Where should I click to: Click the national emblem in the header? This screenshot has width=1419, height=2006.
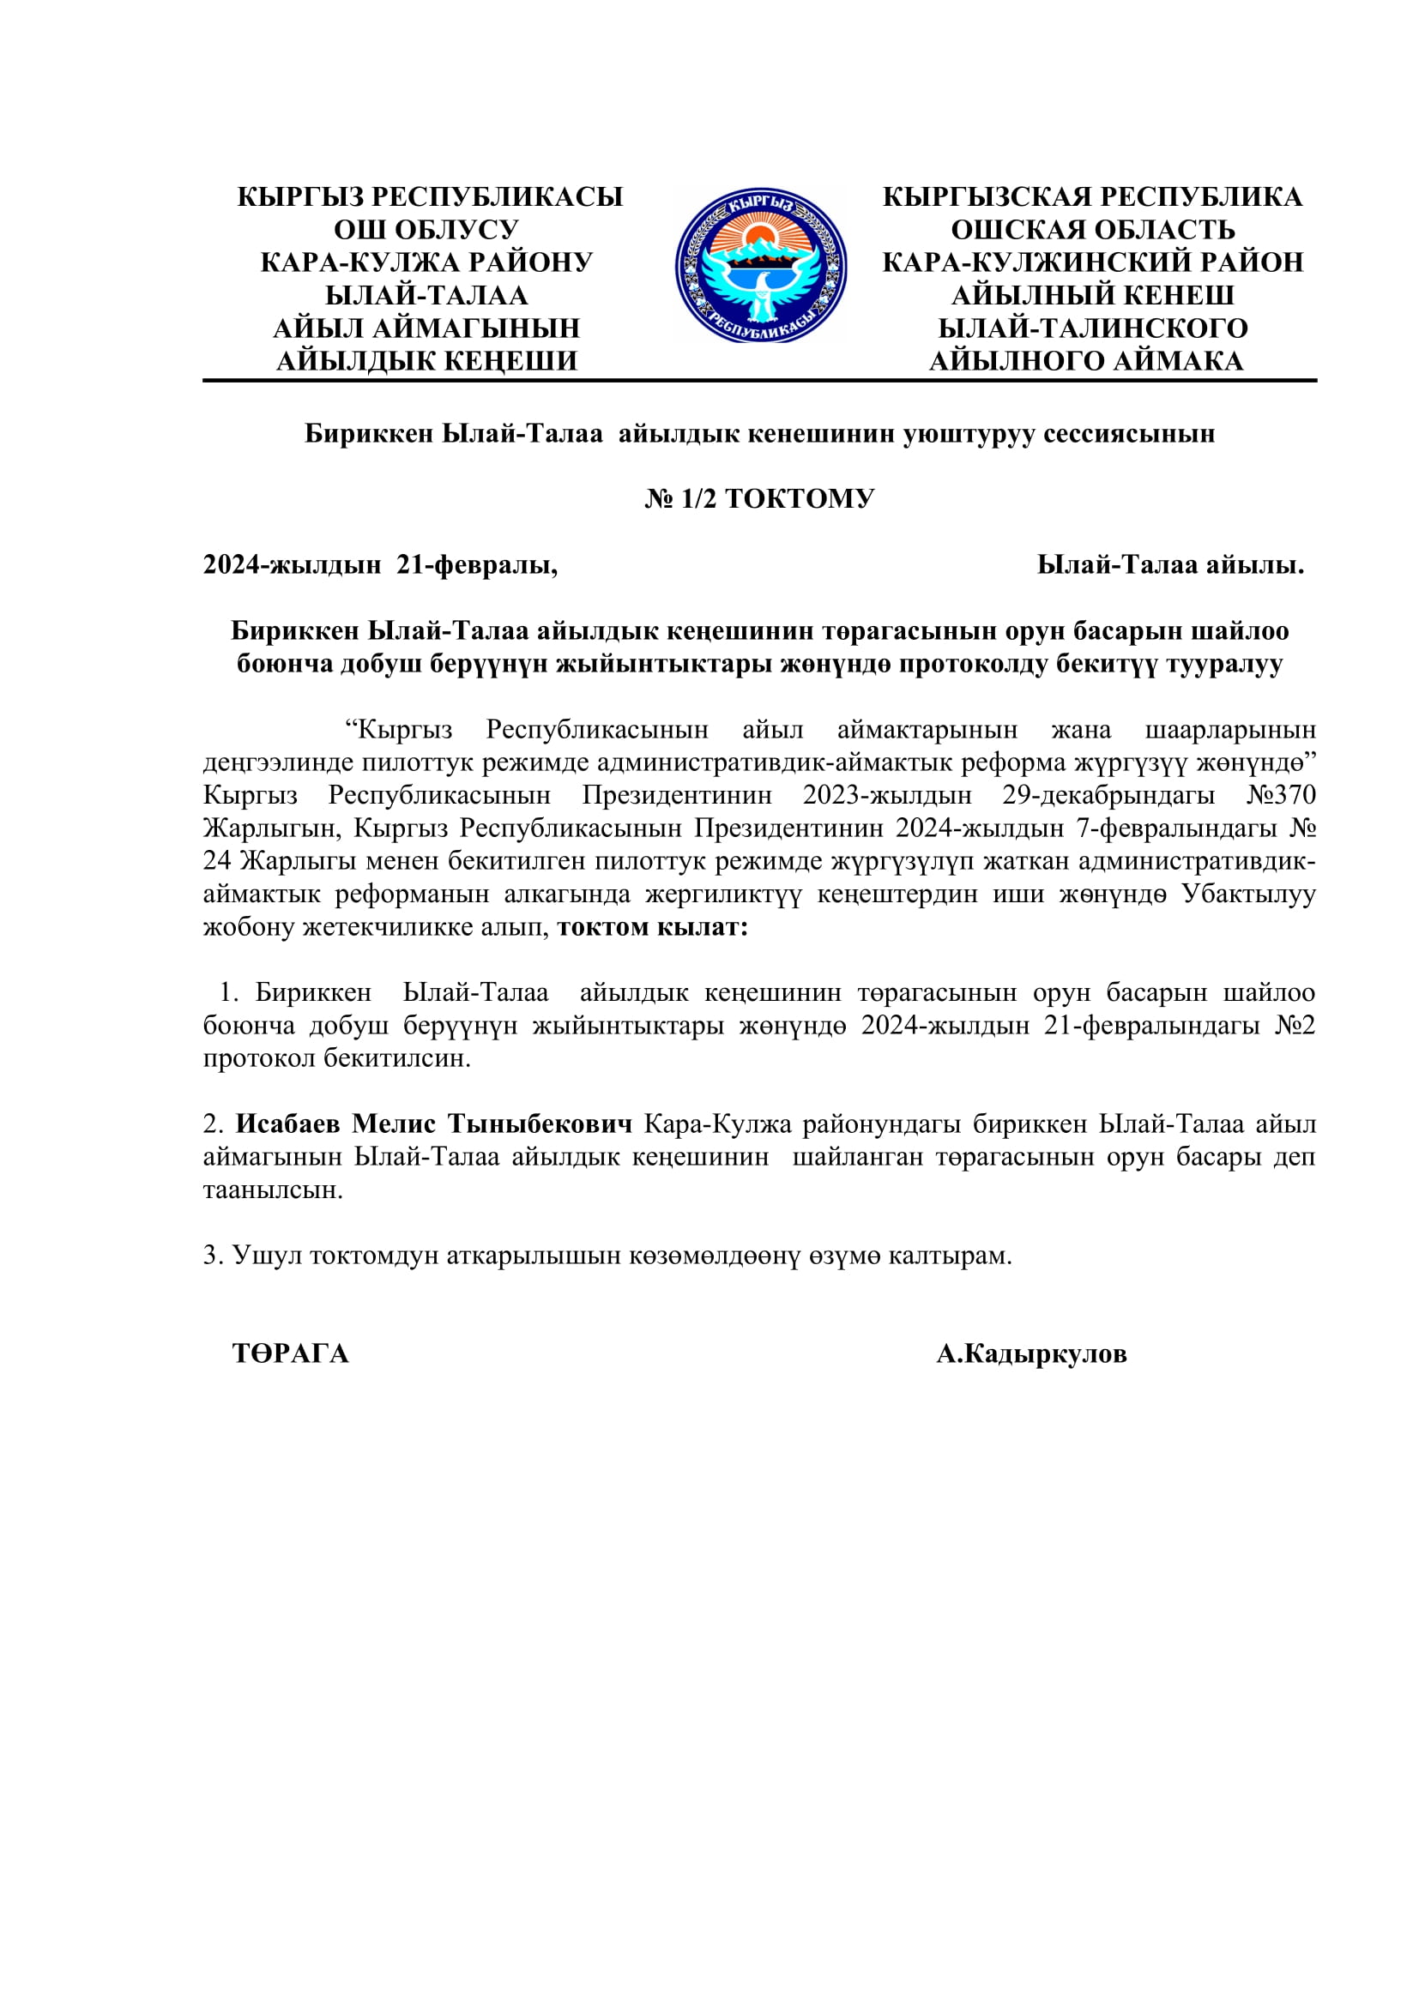760,265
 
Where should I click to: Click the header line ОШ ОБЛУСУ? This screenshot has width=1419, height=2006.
426,230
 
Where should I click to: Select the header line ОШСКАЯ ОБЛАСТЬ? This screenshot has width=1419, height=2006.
1092,230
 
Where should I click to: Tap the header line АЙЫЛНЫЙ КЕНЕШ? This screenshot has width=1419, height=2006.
1092,295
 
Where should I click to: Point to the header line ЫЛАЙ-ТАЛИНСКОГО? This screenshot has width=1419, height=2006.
1092,328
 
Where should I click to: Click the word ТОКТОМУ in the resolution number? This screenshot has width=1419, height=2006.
799,499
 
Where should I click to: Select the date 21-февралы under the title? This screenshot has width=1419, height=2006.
477,565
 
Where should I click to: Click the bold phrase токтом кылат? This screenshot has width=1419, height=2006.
653,927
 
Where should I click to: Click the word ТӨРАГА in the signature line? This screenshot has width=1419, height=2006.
290,1354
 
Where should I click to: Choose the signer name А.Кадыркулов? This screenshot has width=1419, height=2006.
1031,1354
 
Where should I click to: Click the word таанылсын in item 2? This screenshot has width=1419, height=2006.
272,1190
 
